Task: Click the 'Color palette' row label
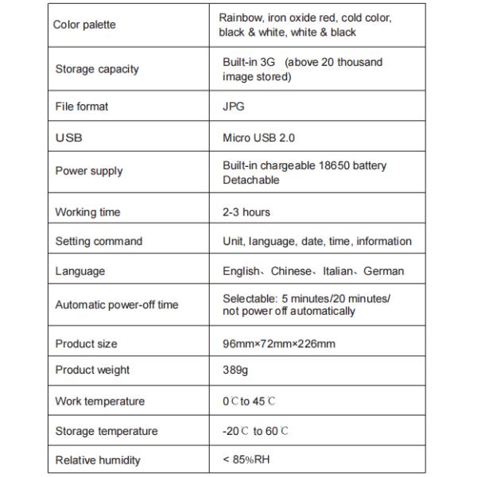pyautogui.click(x=84, y=25)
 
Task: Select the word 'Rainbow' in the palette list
pyautogui.click(x=240, y=17)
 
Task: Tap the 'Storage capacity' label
pyautogui.click(x=97, y=69)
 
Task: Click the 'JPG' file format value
pyautogui.click(x=233, y=107)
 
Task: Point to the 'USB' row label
pyautogui.click(x=68, y=138)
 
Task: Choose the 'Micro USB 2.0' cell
pyautogui.click(x=258, y=138)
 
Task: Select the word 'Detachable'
pyautogui.click(x=251, y=180)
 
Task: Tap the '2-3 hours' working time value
pyautogui.click(x=246, y=212)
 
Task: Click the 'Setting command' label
pyautogui.click(x=99, y=242)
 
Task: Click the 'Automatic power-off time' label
pyautogui.click(x=116, y=305)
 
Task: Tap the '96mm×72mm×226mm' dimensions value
pyautogui.click(x=279, y=344)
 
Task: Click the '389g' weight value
pyautogui.click(x=235, y=370)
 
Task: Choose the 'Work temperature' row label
pyautogui.click(x=99, y=401)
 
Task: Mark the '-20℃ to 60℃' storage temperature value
pyautogui.click(x=255, y=432)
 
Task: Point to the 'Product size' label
pyautogui.click(x=86, y=344)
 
